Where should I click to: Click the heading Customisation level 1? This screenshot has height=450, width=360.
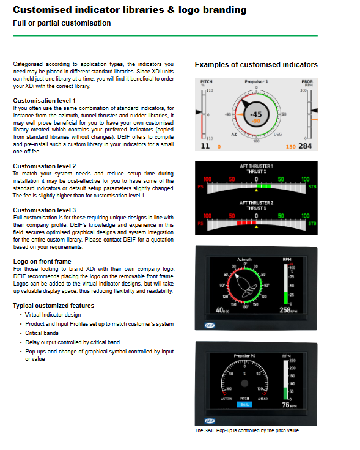point(44,101)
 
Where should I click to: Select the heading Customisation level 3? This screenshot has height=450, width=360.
point(44,210)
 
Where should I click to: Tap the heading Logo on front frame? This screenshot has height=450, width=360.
point(42,262)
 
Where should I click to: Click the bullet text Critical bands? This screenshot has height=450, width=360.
point(42,333)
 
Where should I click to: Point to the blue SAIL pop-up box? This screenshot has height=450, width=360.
point(244,404)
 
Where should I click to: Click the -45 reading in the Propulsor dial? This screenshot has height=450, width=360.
point(256,114)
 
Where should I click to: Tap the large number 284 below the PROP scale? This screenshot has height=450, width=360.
point(305,146)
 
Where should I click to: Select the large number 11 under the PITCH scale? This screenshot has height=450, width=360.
point(205,146)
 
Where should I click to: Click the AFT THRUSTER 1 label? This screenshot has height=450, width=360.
point(257,166)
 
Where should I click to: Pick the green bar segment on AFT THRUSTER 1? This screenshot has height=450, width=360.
point(263,186)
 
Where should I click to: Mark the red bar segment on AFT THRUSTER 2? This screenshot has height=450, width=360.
point(246,223)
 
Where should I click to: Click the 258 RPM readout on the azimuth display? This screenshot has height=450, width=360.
point(288,310)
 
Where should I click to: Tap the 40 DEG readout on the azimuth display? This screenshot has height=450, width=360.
point(222,310)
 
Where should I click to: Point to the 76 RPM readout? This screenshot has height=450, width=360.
point(289,405)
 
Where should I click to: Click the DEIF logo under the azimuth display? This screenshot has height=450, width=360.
point(210,325)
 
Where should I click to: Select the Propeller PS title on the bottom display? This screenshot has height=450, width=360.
point(244,356)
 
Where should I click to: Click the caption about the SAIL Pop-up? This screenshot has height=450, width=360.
point(247,430)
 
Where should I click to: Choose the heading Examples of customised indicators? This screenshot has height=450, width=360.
point(256,65)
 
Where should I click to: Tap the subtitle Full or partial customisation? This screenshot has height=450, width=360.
point(62,23)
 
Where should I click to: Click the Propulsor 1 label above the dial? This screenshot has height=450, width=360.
point(256,81)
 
